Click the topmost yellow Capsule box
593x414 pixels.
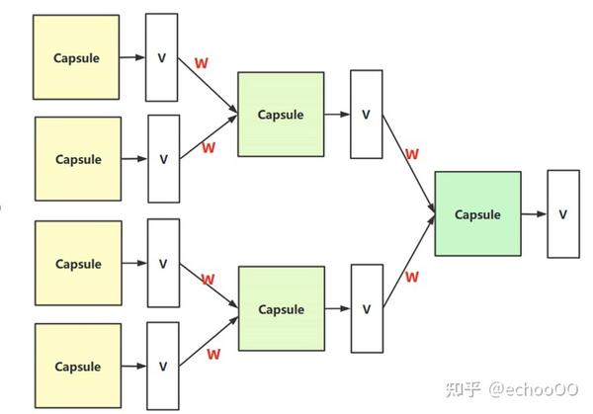76,57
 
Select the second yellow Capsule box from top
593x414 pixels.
78,159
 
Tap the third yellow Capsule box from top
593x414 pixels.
78,264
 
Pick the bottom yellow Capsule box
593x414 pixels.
78,367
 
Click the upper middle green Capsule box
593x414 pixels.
281,114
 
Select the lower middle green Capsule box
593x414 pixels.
281,308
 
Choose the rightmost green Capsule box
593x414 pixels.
477,213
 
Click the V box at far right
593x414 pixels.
563,213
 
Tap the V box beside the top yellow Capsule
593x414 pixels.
162,57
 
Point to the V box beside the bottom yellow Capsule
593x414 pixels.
163,367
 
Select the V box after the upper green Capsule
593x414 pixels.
366,114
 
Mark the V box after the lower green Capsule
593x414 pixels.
366,308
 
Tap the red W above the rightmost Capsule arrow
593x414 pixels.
412,154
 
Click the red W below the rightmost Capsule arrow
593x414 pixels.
412,277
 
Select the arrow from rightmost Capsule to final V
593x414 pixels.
534,213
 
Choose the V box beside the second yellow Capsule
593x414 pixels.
163,159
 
